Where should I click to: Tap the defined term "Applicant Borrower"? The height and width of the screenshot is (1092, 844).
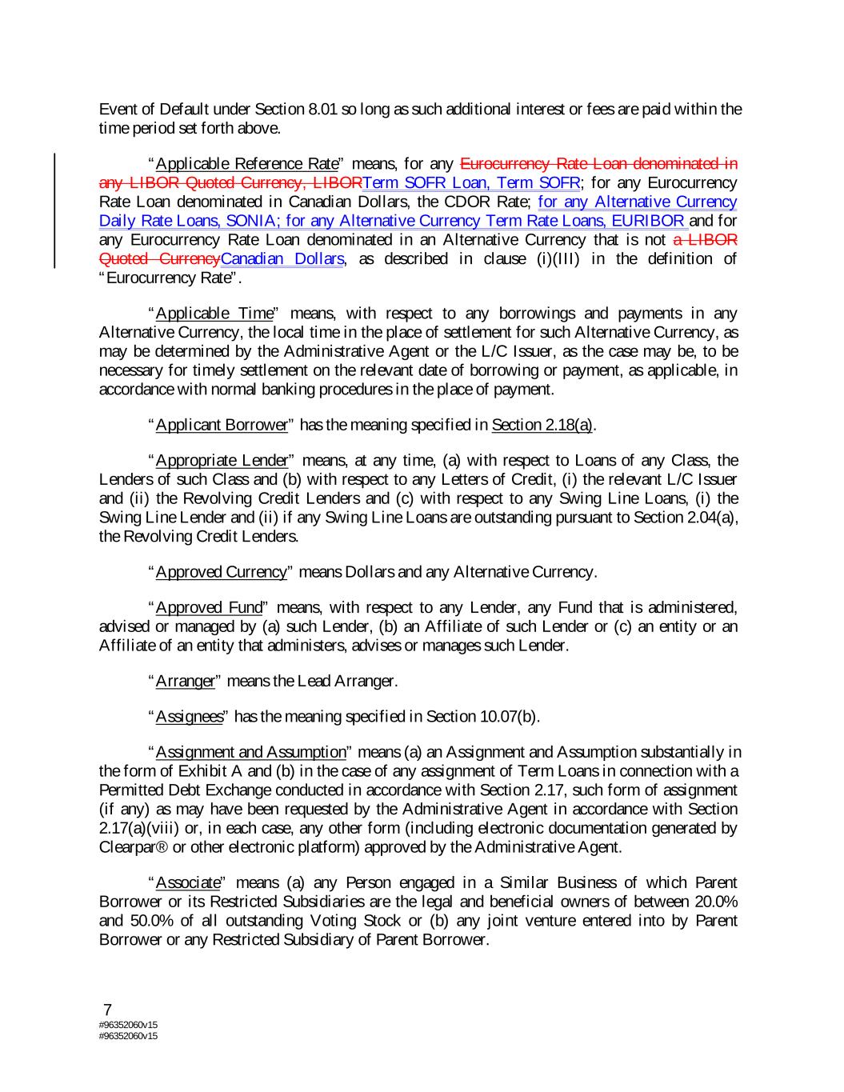pyautogui.click(x=221, y=425)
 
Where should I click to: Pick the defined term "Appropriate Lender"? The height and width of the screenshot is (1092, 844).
pyautogui.click(x=221, y=460)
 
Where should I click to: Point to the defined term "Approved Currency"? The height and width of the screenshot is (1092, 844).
pyautogui.click(x=221, y=572)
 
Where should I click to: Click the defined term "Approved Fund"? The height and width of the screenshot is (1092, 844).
pyautogui.click(x=208, y=607)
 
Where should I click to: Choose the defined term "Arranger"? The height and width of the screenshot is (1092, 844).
pyautogui.click(x=185, y=681)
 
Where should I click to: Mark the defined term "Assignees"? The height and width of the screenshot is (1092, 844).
pyautogui.click(x=189, y=716)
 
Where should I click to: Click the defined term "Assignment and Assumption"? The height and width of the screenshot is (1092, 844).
pyautogui.click(x=250, y=752)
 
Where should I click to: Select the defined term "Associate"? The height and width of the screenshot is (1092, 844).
pyautogui.click(x=187, y=883)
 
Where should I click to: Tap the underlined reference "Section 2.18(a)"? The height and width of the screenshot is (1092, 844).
pyautogui.click(x=542, y=425)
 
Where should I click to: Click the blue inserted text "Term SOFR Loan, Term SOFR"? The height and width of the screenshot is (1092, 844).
pyautogui.click(x=471, y=183)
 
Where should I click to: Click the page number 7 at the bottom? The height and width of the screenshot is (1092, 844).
pyautogui.click(x=108, y=1010)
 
